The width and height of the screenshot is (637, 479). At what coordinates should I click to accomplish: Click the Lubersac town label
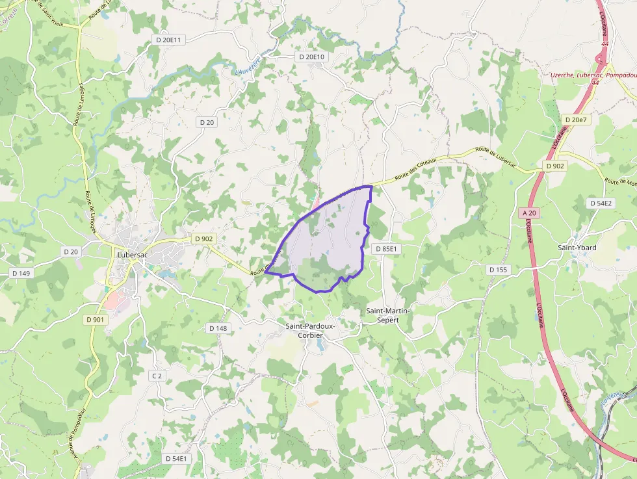(133, 255)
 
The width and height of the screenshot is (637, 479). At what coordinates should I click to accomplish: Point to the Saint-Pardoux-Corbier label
(309, 330)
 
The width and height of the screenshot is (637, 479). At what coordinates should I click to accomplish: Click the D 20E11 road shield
(170, 40)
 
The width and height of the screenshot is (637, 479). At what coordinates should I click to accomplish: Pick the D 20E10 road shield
(312, 57)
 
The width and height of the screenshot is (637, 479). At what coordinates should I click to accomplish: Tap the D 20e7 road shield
(576, 120)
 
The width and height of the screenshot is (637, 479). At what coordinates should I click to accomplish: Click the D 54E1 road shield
(175, 458)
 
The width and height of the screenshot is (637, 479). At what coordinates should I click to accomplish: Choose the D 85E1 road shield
(385, 249)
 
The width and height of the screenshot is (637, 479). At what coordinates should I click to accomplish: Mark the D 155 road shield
(498, 269)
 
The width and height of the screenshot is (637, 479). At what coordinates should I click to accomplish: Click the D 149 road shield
(21, 273)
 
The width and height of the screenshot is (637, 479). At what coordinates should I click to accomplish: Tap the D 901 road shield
(94, 319)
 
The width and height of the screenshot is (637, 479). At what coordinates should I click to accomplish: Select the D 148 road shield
(218, 328)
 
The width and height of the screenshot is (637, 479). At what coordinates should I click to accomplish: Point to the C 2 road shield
(157, 376)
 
